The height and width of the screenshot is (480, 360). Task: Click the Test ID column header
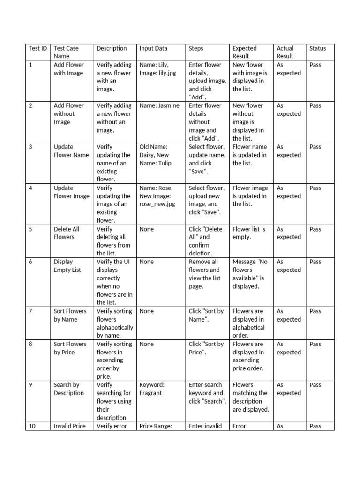pos(38,48)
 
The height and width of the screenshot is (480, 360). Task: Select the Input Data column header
pos(153,48)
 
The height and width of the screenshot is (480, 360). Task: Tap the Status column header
pos(317,48)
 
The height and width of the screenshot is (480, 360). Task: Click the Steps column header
pos(196,48)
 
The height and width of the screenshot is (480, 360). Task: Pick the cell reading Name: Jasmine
pos(159,106)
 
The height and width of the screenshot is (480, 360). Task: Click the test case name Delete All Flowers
pos(67,233)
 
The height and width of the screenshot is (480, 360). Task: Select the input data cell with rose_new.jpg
pos(157,196)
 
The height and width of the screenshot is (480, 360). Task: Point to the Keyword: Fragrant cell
pos(152,389)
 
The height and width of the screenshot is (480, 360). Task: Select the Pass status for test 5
pos(315,229)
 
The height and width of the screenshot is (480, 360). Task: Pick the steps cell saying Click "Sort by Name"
pos(206,315)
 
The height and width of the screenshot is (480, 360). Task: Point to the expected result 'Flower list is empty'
pos(249,233)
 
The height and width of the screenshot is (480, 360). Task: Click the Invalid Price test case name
pos(70,426)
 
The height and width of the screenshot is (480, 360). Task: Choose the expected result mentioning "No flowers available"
pos(250,274)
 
